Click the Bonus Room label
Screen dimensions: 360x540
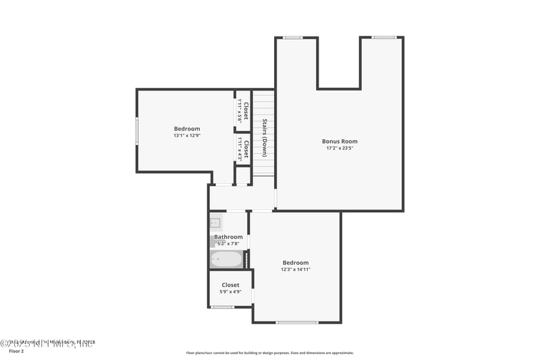pos(340,141)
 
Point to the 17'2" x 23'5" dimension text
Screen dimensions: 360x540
pos(340,148)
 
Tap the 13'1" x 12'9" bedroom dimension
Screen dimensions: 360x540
pos(187,135)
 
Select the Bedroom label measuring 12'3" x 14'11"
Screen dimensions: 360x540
pos(296,263)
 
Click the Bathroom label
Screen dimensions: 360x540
pos(228,237)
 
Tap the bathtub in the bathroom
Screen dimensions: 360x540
pos(225,259)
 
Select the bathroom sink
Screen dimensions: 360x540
pos(215,222)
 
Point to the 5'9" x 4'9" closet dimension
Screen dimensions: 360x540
pos(230,292)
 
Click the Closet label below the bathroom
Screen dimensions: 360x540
pos(230,285)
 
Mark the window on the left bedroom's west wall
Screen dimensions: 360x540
pos(136,130)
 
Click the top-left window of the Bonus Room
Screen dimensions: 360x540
pos(292,38)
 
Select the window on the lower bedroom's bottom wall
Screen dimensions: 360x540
pos(297,322)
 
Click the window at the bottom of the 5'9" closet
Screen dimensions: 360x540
pos(222,307)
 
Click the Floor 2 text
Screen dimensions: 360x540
pos(16,351)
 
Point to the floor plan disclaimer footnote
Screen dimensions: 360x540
pos(269,353)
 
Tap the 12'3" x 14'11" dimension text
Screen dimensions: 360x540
pos(296,269)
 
